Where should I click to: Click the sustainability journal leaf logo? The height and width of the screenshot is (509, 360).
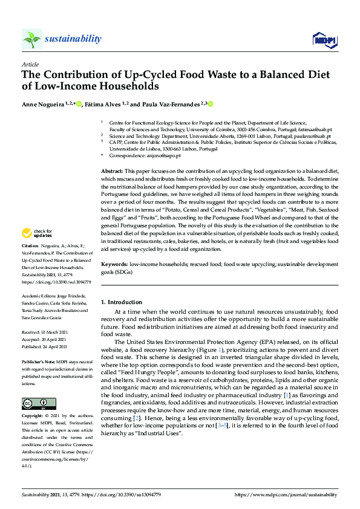(32, 39)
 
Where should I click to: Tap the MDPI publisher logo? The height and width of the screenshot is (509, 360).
(324, 40)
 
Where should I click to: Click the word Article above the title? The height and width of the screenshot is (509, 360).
(30, 64)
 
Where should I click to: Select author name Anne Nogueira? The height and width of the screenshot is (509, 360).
(43, 105)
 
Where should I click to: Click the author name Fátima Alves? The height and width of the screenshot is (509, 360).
(104, 105)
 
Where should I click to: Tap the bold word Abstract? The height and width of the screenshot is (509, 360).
(112, 172)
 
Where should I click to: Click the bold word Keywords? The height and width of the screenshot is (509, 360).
(114, 264)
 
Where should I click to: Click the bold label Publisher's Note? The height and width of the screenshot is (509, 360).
(38, 361)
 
